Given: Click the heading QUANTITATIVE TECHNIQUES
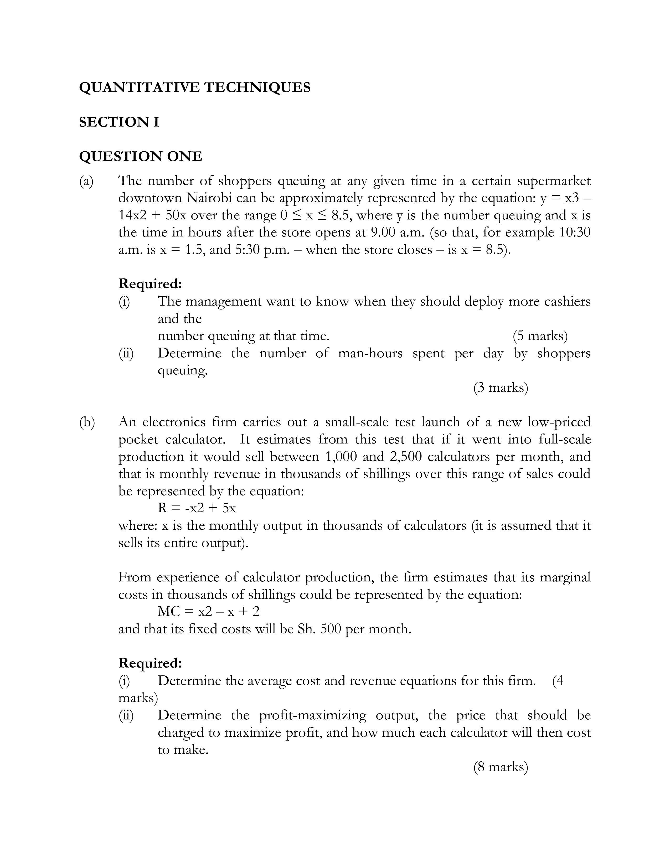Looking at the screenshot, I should click(x=194, y=87).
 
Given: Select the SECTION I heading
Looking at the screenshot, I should click(x=119, y=122).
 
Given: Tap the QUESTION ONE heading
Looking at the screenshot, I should click(x=141, y=156).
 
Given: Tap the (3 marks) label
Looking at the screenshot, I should click(x=501, y=388).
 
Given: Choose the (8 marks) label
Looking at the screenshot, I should click(x=501, y=767).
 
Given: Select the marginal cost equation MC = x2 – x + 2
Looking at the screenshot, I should click(x=208, y=611).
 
